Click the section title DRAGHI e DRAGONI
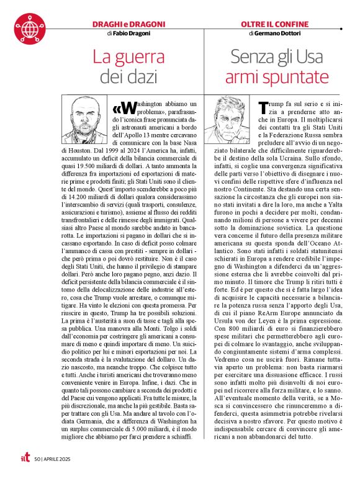coord(128,24)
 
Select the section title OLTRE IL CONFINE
coord(274,24)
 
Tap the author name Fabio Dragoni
coord(132,33)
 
